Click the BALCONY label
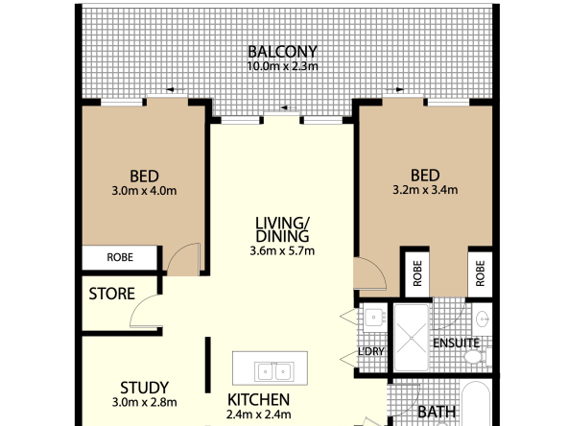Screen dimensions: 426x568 (x=282, y=51)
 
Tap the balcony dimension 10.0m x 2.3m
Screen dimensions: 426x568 (x=282, y=66)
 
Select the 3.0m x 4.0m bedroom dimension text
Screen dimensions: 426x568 (x=144, y=190)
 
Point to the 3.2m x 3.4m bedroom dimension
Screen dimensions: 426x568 (x=425, y=189)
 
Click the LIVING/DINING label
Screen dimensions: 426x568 (x=282, y=229)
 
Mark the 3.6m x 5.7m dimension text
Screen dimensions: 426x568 (x=282, y=251)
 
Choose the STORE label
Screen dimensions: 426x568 (x=111, y=294)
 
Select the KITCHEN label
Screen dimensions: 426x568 (x=258, y=399)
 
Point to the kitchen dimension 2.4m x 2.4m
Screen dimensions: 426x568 (x=258, y=415)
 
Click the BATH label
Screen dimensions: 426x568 (x=438, y=413)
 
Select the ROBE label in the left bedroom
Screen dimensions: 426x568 (x=120, y=257)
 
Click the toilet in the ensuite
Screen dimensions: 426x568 (x=472, y=357)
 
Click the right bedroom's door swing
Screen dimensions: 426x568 (x=368, y=275)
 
